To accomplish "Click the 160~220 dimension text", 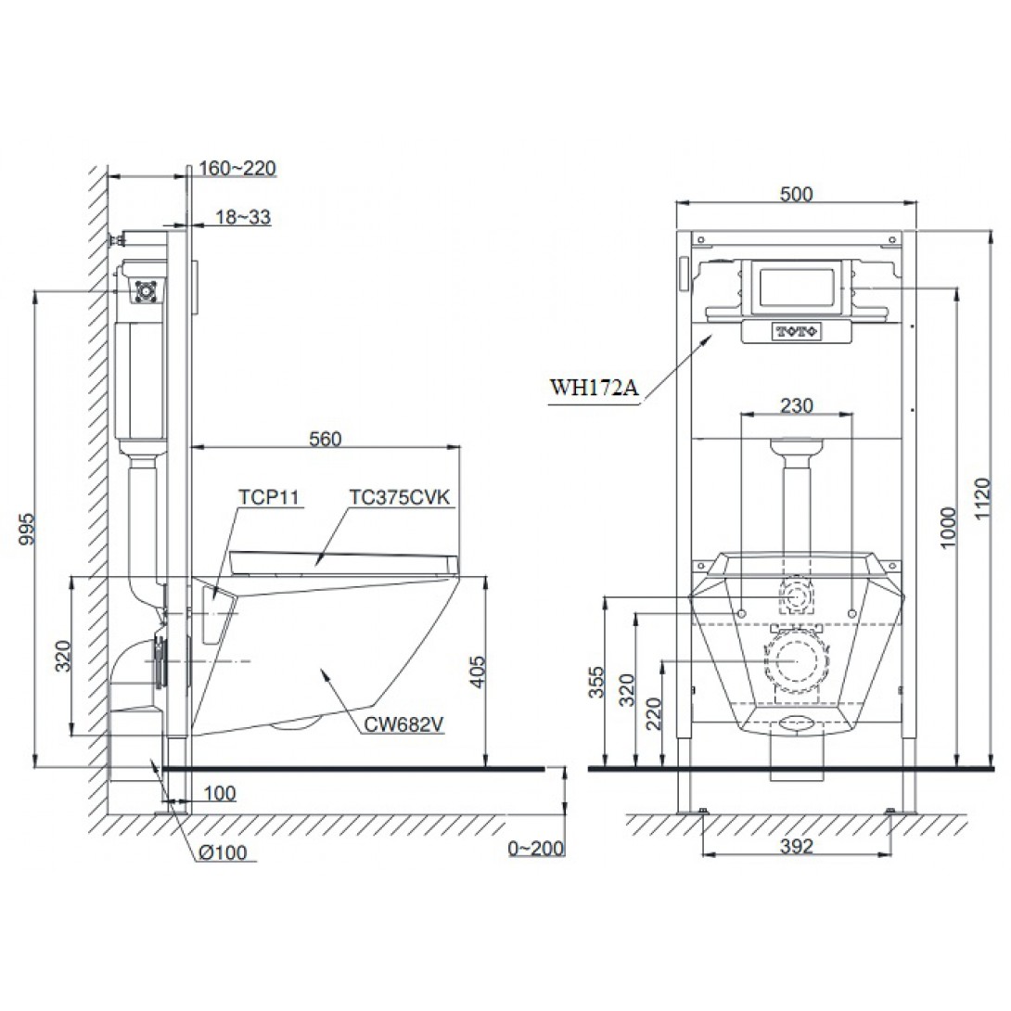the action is (x=237, y=168).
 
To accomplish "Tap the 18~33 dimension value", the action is (x=242, y=217).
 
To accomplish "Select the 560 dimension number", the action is (x=325, y=439).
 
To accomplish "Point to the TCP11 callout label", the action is (x=269, y=497).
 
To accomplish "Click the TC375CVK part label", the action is (x=400, y=497).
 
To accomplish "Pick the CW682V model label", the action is (x=403, y=724).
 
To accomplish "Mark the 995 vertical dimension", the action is (x=27, y=529).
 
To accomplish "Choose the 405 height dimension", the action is (x=476, y=672).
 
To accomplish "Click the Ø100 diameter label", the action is (x=224, y=852).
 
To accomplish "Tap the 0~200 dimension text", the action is (x=536, y=849).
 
